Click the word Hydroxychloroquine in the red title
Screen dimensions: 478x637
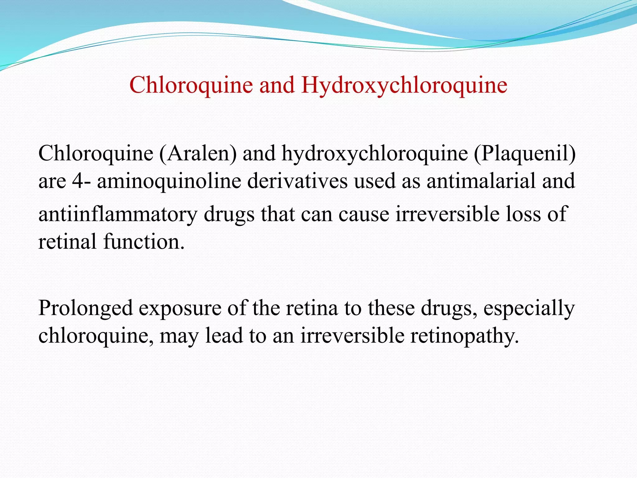(404, 85)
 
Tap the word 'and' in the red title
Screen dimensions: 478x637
(277, 85)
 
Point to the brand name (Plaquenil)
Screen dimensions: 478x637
(524, 153)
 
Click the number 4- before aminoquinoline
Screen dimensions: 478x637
(81, 181)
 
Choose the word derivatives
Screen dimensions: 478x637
(297, 181)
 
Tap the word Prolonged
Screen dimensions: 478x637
(86, 308)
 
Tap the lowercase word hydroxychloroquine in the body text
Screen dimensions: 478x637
(375, 153)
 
